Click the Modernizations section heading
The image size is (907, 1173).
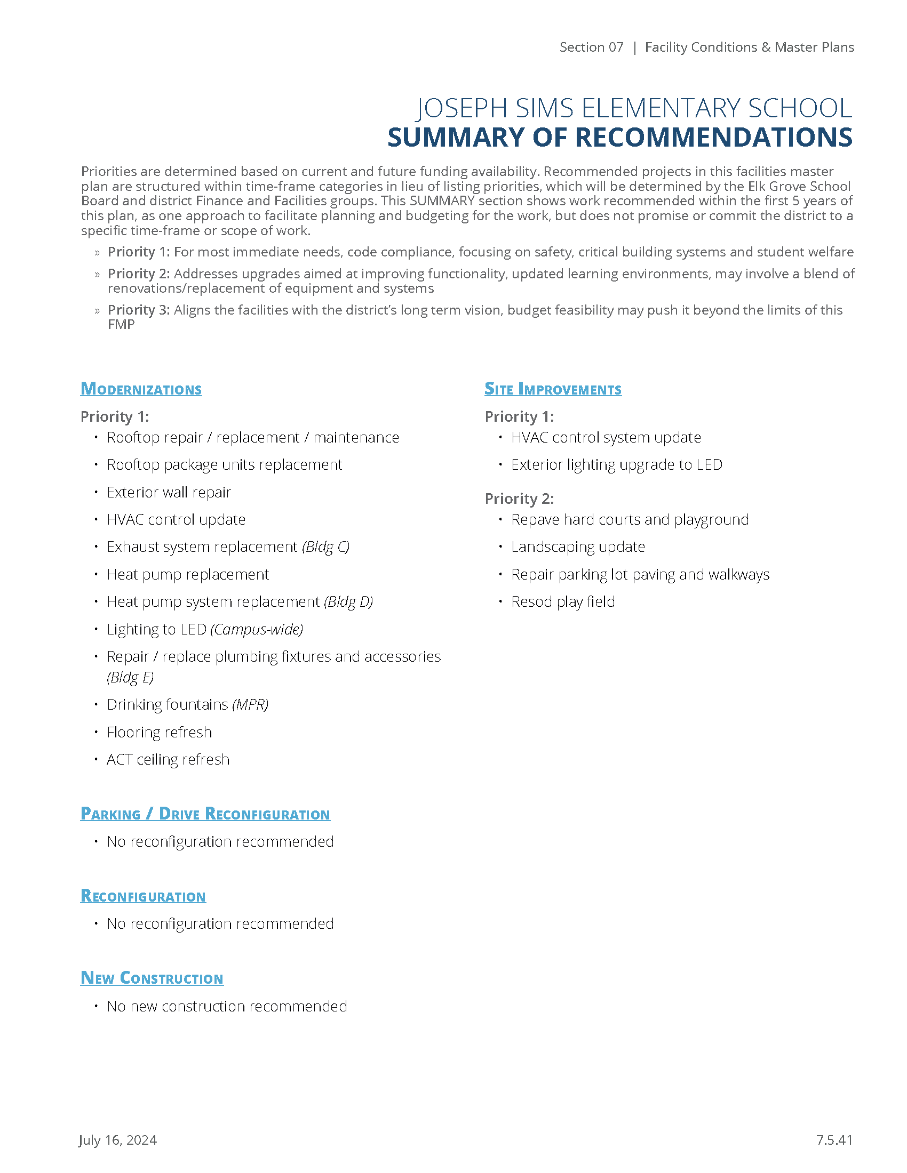pyautogui.click(x=141, y=389)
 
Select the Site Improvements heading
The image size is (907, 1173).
pyautogui.click(x=552, y=389)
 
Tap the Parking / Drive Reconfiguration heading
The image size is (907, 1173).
pyautogui.click(x=205, y=814)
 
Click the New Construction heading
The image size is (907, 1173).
pyautogui.click(x=152, y=978)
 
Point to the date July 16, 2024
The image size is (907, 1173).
pyautogui.click(x=118, y=1140)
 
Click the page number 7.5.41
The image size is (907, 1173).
pyautogui.click(x=834, y=1140)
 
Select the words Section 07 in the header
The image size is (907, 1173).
pyautogui.click(x=591, y=47)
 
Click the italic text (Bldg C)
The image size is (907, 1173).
pyautogui.click(x=325, y=547)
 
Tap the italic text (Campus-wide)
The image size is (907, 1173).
pyautogui.click(x=257, y=629)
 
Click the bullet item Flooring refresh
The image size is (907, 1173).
pyautogui.click(x=159, y=732)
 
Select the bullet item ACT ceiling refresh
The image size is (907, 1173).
pyautogui.click(x=168, y=759)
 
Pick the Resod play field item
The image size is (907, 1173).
pyautogui.click(x=562, y=601)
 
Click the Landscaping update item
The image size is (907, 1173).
pyautogui.click(x=578, y=547)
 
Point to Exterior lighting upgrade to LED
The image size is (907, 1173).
pyautogui.click(x=616, y=464)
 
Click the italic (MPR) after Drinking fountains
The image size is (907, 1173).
pyautogui.click(x=250, y=704)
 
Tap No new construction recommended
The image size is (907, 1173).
pyautogui.click(x=227, y=1006)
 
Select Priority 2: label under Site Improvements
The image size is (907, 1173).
pyautogui.click(x=519, y=499)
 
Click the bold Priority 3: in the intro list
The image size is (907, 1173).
pyautogui.click(x=139, y=310)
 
